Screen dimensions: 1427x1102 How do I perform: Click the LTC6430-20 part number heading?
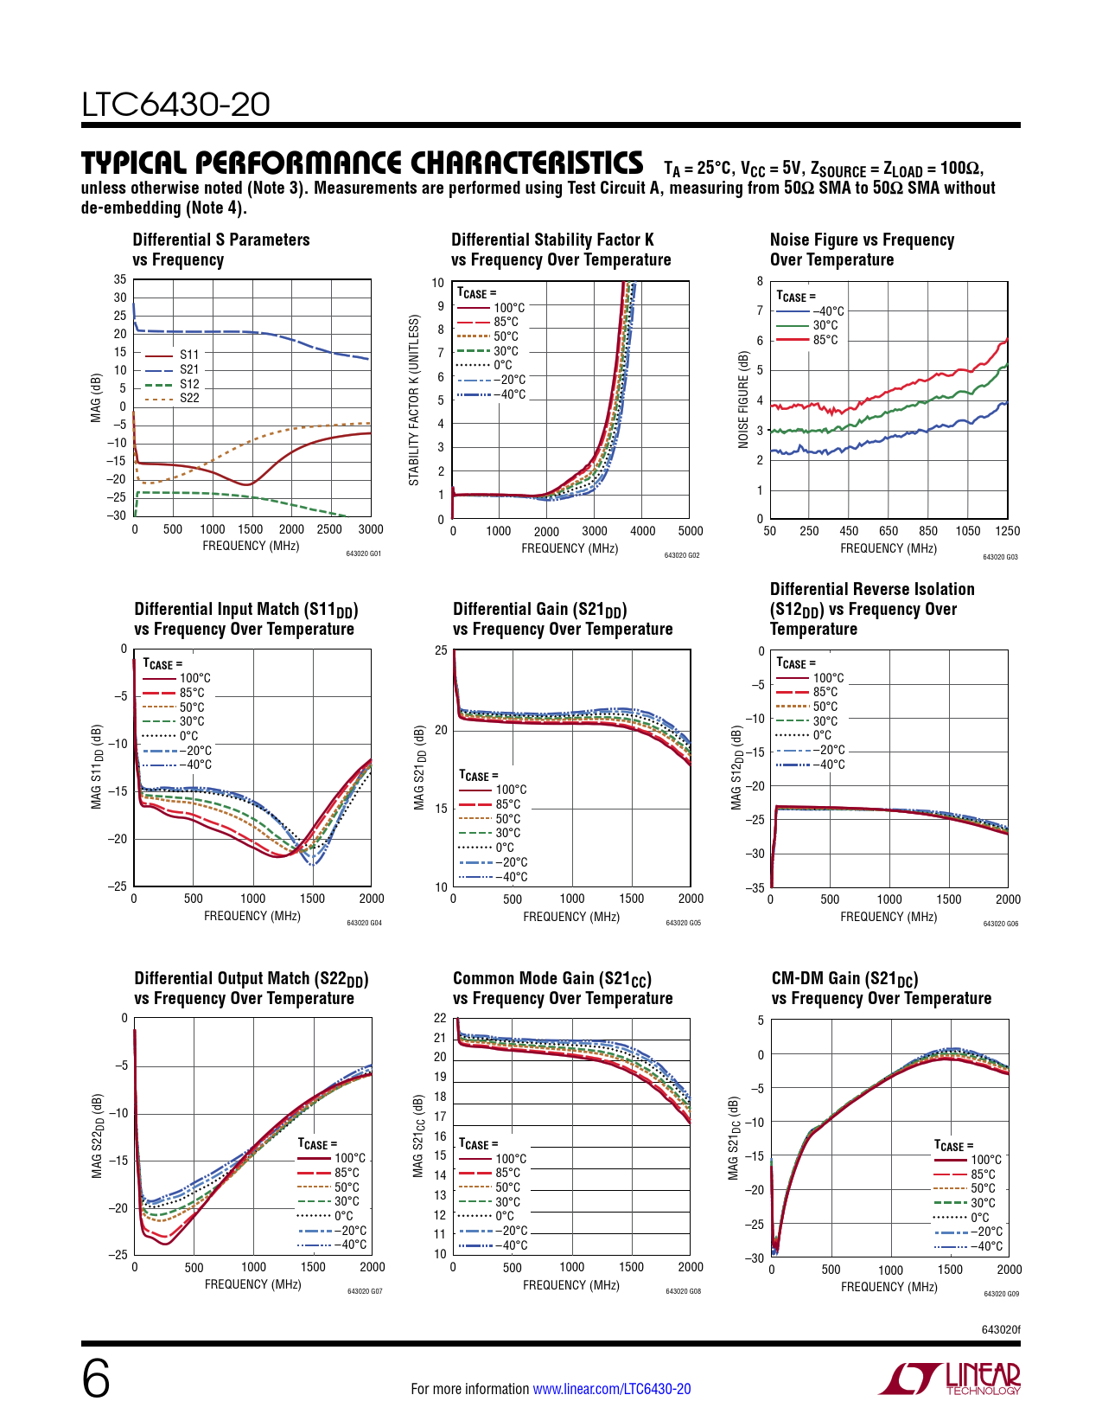coord(175,105)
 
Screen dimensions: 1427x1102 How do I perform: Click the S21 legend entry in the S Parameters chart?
coord(188,369)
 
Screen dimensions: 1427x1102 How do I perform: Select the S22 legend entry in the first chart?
coord(188,399)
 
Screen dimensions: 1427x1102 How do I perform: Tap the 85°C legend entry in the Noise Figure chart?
coord(825,340)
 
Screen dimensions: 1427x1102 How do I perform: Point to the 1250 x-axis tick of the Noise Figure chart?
coord(1007,531)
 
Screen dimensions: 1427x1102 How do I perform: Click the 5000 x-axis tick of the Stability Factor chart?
coord(690,531)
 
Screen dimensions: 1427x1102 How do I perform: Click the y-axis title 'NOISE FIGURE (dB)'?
coord(743,400)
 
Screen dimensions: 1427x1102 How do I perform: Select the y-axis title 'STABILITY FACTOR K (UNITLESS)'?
coord(414,400)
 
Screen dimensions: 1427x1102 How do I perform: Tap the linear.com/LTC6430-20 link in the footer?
coord(611,1389)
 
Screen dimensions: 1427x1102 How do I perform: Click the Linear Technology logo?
coord(949,1379)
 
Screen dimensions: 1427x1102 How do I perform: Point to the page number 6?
coord(96,1379)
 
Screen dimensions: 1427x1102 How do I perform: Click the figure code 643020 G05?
coord(683,924)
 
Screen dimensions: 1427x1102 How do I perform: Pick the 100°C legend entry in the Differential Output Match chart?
coord(349,1158)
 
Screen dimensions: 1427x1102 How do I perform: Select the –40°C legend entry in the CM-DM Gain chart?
coord(986,1246)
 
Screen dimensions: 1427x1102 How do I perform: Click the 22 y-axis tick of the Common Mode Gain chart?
coord(440,1018)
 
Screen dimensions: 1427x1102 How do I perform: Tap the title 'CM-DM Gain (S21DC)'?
coord(844,978)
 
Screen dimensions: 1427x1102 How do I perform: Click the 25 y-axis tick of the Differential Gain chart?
coord(441,650)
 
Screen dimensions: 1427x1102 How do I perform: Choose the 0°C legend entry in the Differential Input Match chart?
coord(188,736)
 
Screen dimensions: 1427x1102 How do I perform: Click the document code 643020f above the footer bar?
coord(1000,1329)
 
